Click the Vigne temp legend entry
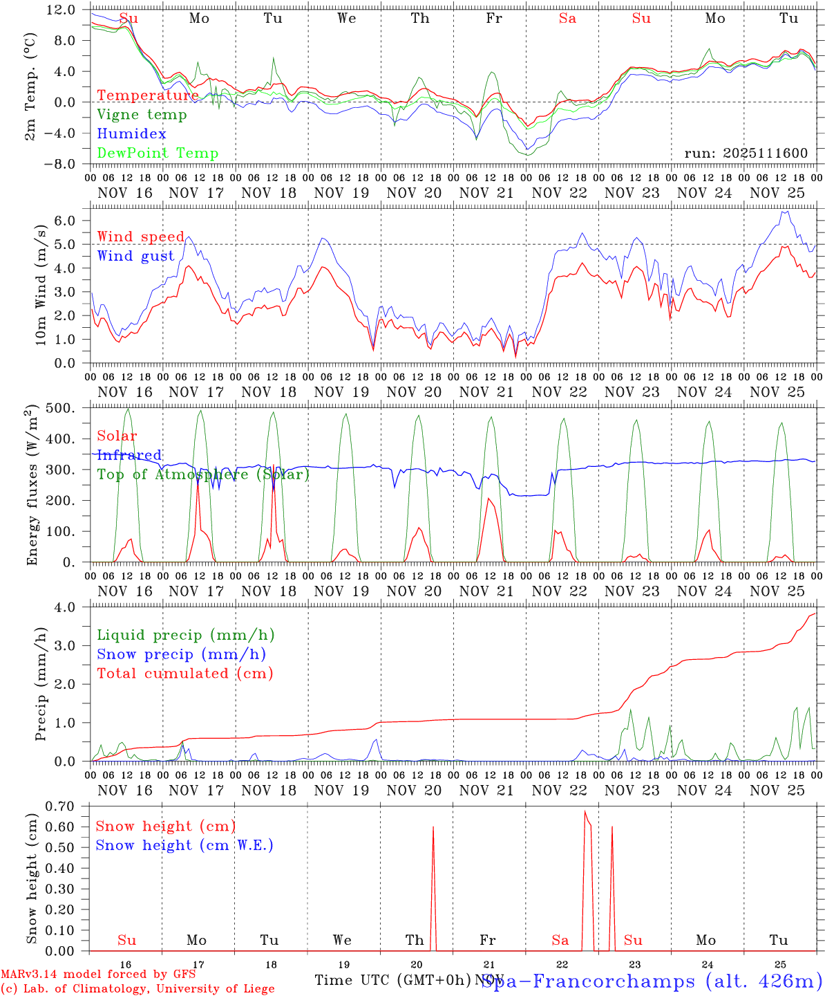pos(142,115)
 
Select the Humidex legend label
pos(131,134)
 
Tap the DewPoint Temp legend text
pos(158,154)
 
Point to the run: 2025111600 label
pos(746,154)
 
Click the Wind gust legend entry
pos(135,256)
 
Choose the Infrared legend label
pos(129,455)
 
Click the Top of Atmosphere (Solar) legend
pos(203,474)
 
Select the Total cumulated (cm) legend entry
pos(184,673)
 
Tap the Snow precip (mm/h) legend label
pos(181,654)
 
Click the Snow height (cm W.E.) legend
pos(184,845)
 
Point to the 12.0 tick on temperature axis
pos(62,10)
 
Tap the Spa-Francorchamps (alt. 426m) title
pos(651,981)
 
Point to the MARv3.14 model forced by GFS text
pos(98,974)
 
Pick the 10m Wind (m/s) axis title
pos(41,285)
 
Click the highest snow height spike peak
pos(585,811)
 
